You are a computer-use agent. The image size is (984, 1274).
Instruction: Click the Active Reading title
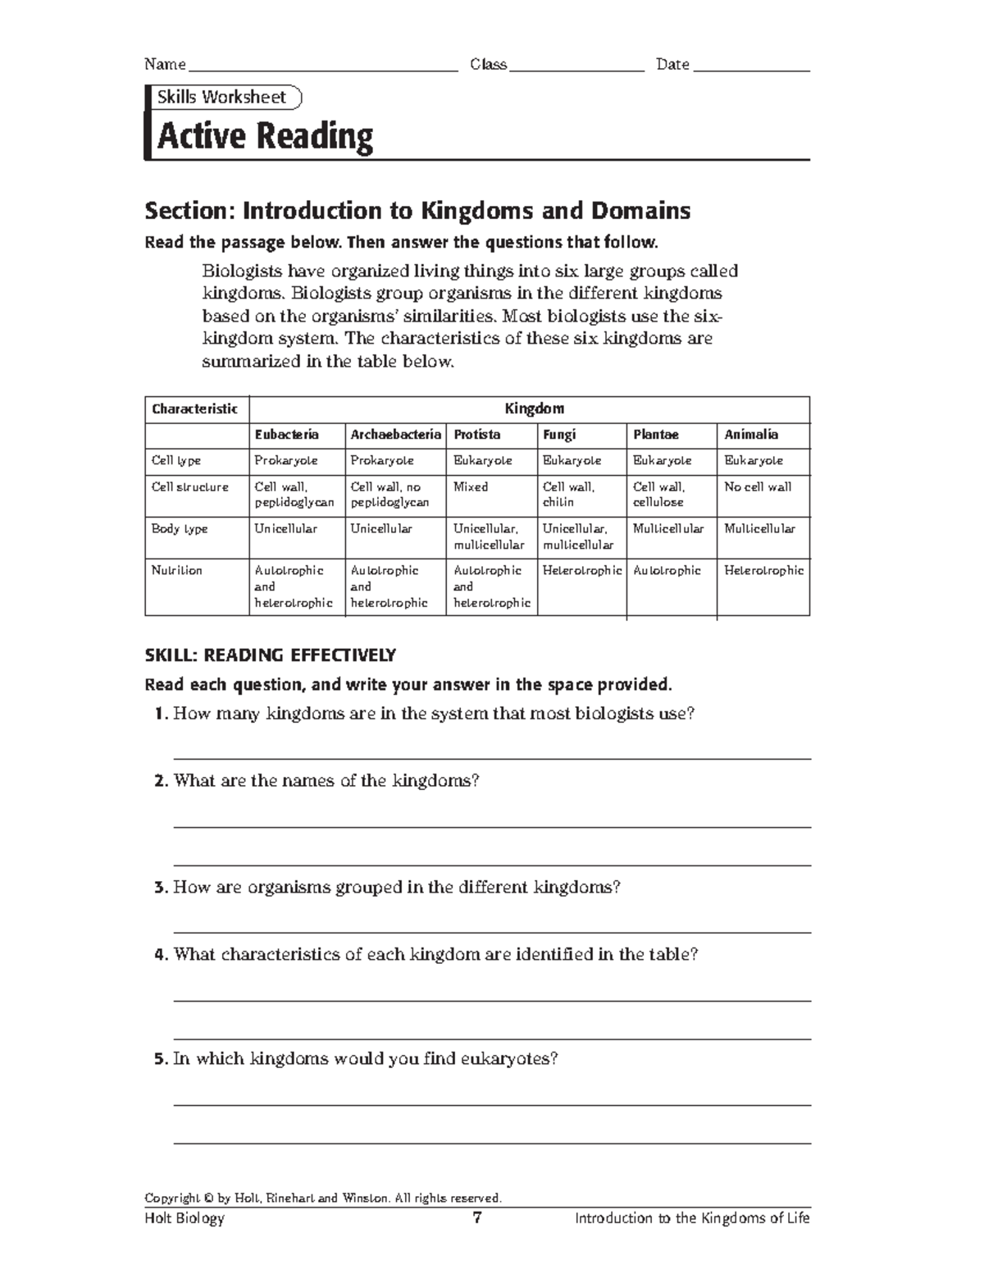[265, 136]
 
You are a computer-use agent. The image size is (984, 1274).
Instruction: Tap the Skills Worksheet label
[221, 97]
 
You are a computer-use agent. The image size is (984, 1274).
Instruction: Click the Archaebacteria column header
[395, 435]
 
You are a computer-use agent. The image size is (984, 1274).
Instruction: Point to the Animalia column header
[751, 435]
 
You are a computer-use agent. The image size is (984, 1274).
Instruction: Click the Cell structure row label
[189, 487]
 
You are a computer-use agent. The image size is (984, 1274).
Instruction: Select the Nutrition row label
[176, 570]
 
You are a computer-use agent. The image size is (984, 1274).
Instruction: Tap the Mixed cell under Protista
[471, 487]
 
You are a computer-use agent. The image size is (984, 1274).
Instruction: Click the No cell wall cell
[758, 487]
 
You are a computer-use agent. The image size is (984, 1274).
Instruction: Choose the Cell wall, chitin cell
[568, 495]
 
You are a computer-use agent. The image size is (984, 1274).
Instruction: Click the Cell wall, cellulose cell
[659, 495]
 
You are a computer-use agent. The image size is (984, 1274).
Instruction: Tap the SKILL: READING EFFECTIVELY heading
[270, 655]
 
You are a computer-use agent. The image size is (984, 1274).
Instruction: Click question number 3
[160, 888]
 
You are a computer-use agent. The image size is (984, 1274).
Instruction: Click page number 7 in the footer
[477, 1218]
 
